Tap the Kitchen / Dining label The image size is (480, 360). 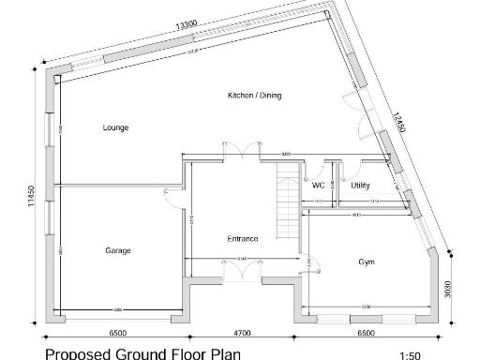click(x=255, y=96)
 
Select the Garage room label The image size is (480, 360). click(x=118, y=250)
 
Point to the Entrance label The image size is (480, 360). click(x=242, y=238)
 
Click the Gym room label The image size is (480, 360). click(x=366, y=262)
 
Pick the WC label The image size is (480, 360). click(x=318, y=186)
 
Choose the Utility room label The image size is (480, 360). click(x=360, y=186)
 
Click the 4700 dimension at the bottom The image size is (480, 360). click(x=242, y=333)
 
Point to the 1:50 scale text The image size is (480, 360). click(x=410, y=354)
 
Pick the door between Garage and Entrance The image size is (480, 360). click(x=174, y=193)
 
